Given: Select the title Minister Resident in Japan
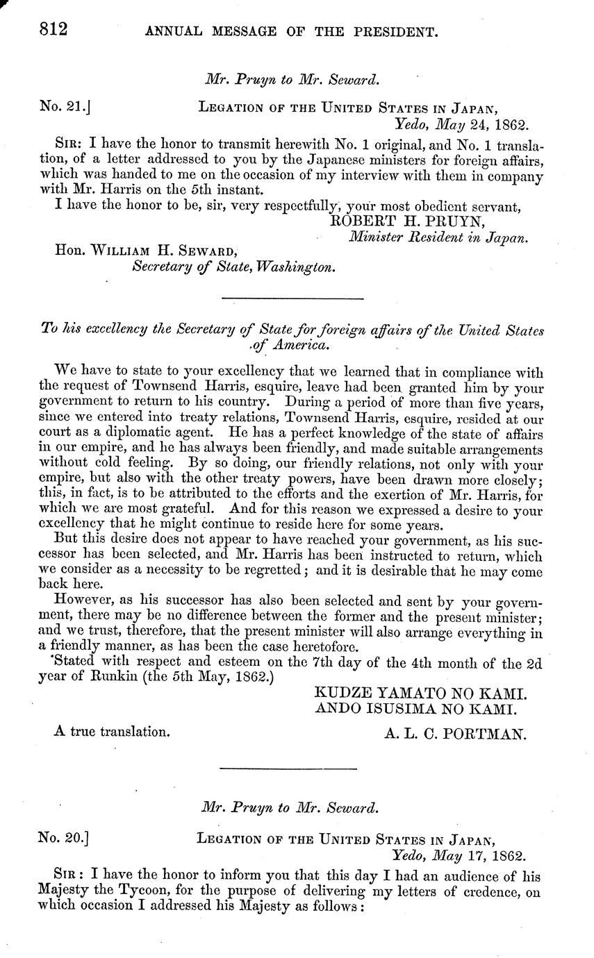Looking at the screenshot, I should (x=438, y=237).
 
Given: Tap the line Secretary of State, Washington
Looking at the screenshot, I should (x=234, y=267).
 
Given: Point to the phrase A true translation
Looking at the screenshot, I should (x=111, y=731).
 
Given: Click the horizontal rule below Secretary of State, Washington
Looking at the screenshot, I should (x=292, y=299).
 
